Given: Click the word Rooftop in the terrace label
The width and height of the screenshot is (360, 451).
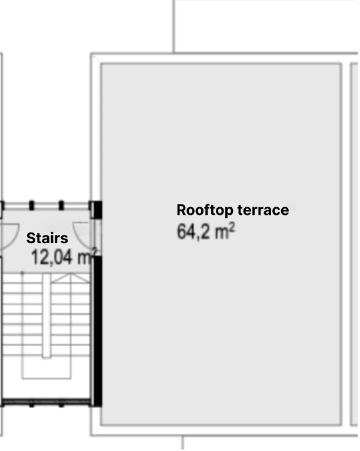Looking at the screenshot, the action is (x=205, y=211).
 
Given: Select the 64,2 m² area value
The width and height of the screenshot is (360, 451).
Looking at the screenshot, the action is (x=206, y=231).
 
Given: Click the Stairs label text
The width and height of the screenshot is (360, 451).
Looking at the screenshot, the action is (x=47, y=238).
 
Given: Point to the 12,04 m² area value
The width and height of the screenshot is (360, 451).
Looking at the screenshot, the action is (x=64, y=257).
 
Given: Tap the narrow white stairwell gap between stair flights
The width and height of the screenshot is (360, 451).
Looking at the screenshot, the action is (x=46, y=316).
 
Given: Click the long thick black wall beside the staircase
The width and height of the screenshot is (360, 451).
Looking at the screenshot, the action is (x=98, y=331).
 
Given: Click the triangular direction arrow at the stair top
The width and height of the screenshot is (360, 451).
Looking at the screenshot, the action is (x=71, y=278).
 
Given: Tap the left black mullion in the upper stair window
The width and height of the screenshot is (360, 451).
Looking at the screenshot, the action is (x=32, y=205).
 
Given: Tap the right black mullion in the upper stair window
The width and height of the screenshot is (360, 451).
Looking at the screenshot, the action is (x=61, y=205).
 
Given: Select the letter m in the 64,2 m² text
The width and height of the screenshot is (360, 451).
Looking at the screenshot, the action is (x=222, y=234).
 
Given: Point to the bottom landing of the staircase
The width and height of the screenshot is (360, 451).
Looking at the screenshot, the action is (x=46, y=367).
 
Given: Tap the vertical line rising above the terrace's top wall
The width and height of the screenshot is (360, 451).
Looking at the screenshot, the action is (x=174, y=26).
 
